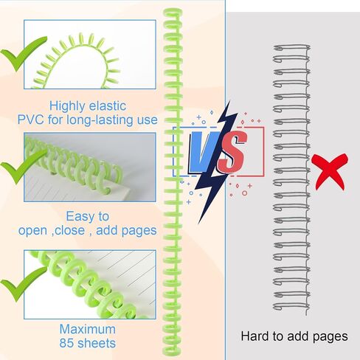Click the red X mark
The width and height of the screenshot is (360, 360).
click(330, 172)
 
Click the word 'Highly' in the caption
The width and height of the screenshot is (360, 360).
click(67, 106)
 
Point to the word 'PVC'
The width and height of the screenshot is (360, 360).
click(31, 120)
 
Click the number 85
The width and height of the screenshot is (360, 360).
click(67, 343)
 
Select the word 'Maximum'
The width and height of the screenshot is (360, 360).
click(88, 329)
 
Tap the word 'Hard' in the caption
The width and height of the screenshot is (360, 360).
click(255, 336)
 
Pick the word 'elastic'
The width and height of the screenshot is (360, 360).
click(108, 105)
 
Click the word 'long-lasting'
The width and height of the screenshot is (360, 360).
click(98, 120)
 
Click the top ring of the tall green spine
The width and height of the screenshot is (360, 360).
click(173, 13)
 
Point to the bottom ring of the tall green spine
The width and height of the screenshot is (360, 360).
click(172, 350)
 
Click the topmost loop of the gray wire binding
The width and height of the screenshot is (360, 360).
click(291, 48)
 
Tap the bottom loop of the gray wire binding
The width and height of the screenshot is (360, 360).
click(291, 307)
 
